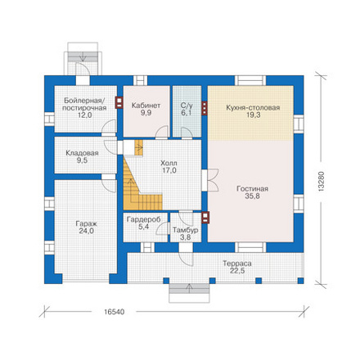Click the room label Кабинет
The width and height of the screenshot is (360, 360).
(x=146, y=106)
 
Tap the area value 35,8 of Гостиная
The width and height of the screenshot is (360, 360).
(x=252, y=196)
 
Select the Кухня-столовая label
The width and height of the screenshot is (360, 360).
(x=253, y=108)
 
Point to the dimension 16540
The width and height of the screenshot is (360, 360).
(x=114, y=312)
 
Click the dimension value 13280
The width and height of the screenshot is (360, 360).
(x=322, y=181)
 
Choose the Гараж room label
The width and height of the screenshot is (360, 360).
(x=86, y=224)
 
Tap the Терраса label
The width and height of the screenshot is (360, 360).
(x=237, y=263)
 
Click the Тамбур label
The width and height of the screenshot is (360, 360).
(x=185, y=230)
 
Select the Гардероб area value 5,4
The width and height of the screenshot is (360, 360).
(x=143, y=227)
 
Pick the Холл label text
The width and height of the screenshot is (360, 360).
(x=169, y=164)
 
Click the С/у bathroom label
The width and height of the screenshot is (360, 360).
(x=187, y=106)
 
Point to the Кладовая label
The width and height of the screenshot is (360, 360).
(x=82, y=153)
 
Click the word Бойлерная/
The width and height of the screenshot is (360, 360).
(x=84, y=100)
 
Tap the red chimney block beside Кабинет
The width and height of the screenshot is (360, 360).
(x=119, y=103)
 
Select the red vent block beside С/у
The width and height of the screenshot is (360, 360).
(x=205, y=109)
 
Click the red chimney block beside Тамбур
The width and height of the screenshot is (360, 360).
(x=205, y=218)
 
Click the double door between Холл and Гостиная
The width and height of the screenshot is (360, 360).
(x=209, y=180)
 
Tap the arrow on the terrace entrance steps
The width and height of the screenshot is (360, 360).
(x=189, y=288)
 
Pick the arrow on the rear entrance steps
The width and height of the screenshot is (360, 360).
(x=83, y=57)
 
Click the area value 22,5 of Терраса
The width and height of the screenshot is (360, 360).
(x=237, y=271)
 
